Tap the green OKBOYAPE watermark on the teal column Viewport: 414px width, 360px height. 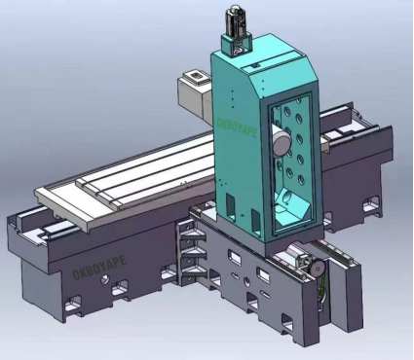click(x=237, y=128)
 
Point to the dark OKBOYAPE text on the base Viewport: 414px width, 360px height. click(x=99, y=268)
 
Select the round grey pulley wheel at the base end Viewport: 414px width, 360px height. click(x=317, y=268)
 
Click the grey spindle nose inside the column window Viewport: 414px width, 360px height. click(x=282, y=140)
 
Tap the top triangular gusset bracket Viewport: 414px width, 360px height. click(x=194, y=236)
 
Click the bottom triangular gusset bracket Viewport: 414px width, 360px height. click(x=194, y=272)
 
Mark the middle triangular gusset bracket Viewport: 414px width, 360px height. click(x=194, y=254)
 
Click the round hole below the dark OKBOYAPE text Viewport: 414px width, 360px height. click(x=104, y=279)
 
